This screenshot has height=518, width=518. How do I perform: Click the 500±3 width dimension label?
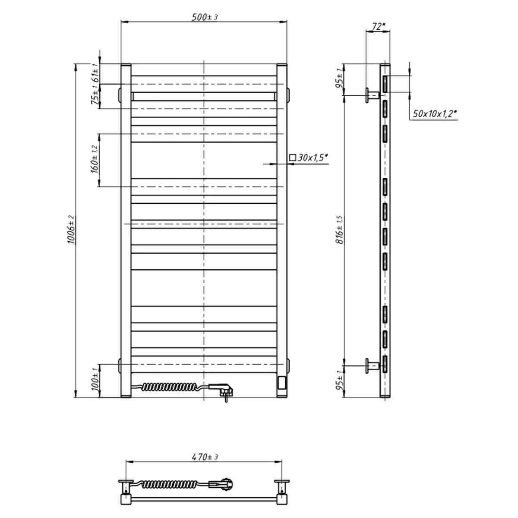[x=204, y=17]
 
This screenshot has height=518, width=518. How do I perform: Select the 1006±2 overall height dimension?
[x=71, y=229]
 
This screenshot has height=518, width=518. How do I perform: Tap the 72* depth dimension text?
[x=379, y=26]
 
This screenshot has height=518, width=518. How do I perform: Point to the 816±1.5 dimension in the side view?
[x=340, y=229]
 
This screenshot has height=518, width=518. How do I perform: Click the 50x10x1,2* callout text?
[x=435, y=114]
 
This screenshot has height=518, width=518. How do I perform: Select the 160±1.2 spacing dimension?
[x=95, y=159]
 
